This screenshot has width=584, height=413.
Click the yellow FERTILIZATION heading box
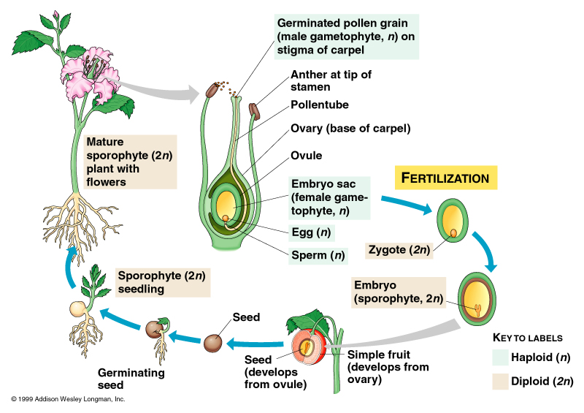pos(446,178)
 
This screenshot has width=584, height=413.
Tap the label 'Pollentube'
pos(320,105)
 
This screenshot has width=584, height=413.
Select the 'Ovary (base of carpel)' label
pos(350,129)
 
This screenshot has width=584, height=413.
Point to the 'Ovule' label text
pos(307,156)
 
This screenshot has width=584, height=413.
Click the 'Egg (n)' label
pos(312,233)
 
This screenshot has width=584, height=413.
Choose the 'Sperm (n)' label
pos(318,256)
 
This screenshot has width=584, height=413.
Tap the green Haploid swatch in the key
pos(501,357)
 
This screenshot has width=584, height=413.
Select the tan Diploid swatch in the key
pos(501,381)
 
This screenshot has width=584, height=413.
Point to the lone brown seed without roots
pos(212,343)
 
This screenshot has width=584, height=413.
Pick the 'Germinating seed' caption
pos(131,379)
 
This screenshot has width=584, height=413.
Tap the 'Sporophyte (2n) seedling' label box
pos(161,282)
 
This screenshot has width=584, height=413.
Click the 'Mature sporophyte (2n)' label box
pos(130,161)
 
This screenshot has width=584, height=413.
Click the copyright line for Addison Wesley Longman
pos(68,399)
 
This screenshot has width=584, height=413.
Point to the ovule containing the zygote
pos(453,222)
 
